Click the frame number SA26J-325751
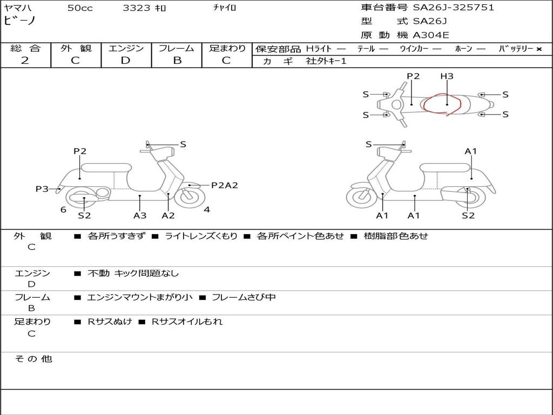click(454, 8)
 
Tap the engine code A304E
click(430, 36)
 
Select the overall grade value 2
click(25, 61)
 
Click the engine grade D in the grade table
click(126, 61)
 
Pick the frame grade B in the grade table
click(177, 61)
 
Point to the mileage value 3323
click(136, 8)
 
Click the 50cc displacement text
click(80, 8)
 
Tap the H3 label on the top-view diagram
click(447, 76)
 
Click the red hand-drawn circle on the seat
click(441, 104)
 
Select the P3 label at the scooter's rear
click(42, 189)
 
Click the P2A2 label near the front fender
click(224, 185)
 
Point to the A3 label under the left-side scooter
click(140, 216)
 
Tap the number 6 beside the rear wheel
click(63, 210)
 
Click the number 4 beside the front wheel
click(207, 210)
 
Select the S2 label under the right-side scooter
click(468, 216)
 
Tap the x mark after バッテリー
click(539, 49)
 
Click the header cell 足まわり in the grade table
click(227, 48)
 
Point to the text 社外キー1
click(326, 62)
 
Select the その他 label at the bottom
click(33, 359)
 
